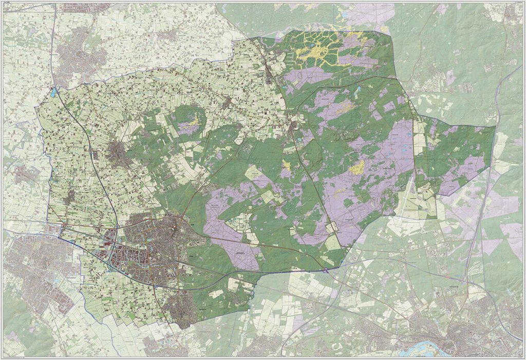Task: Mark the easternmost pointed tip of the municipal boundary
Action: (x=496, y=126)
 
